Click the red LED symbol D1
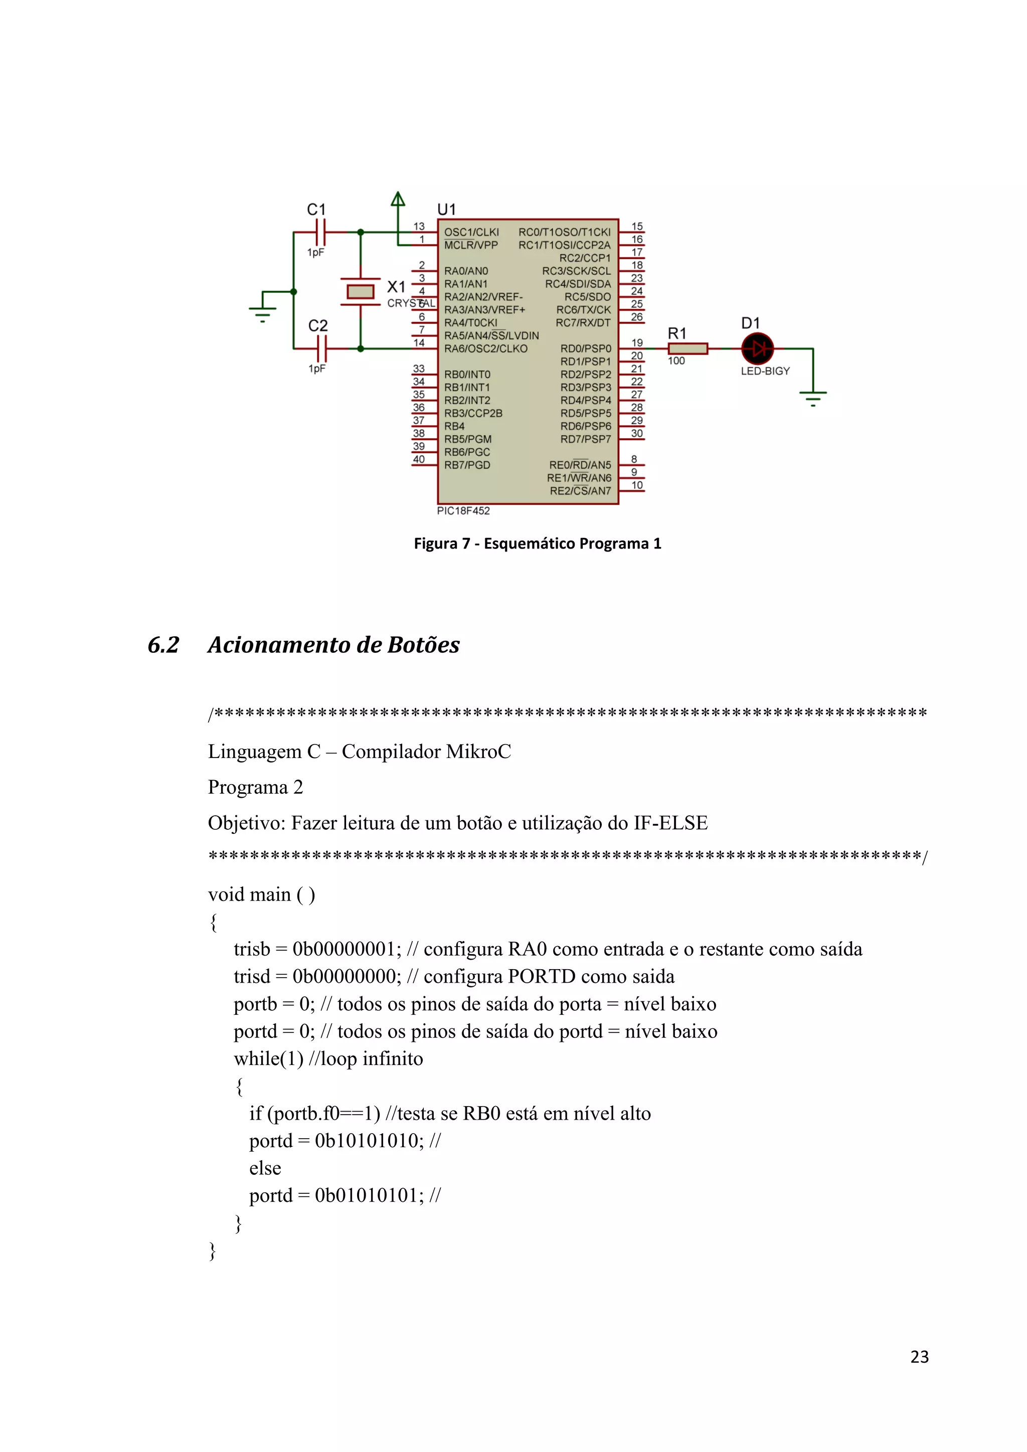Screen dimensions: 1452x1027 pos(757,348)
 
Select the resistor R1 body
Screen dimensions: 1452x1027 pos(688,348)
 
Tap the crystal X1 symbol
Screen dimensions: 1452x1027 pos(361,291)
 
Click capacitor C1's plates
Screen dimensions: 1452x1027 pos(320,232)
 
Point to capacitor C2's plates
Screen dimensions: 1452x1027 pos(320,348)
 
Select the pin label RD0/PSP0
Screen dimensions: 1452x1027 pos(586,348)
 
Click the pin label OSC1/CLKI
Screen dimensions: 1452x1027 pos(471,232)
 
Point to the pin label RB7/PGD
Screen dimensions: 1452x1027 pos(467,465)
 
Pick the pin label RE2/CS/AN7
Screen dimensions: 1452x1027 pos(580,491)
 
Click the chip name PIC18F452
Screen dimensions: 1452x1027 pos(463,510)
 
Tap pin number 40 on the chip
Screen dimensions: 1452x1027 pos(419,459)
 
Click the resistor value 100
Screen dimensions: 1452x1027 pos(676,360)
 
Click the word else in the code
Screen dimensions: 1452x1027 pos(265,1168)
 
